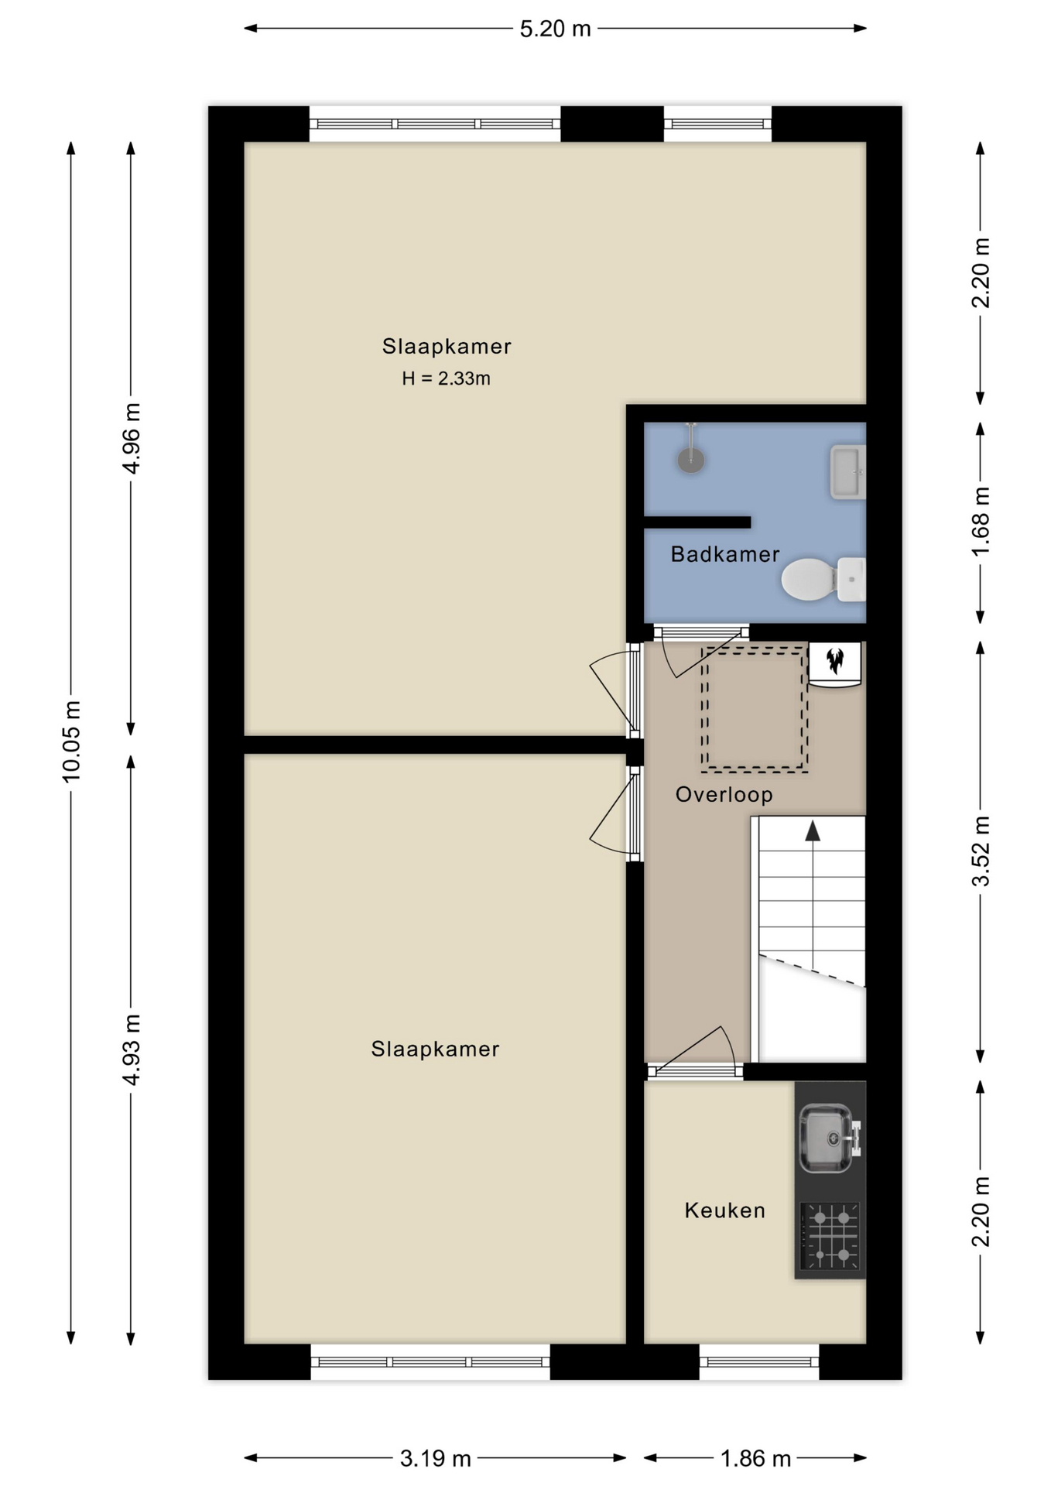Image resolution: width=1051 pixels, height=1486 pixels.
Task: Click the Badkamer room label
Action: pyautogui.click(x=724, y=554)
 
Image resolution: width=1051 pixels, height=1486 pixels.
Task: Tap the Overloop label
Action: pyautogui.click(x=724, y=795)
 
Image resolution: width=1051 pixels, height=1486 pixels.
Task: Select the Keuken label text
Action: pyautogui.click(x=724, y=1210)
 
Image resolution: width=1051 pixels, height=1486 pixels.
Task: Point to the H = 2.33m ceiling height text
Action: pyautogui.click(x=446, y=378)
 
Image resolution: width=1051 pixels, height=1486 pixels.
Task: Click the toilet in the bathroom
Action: pyautogui.click(x=823, y=579)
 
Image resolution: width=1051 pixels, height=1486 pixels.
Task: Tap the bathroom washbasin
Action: pyautogui.click(x=847, y=471)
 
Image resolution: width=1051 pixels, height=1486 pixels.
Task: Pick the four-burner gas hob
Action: pyautogui.click(x=830, y=1236)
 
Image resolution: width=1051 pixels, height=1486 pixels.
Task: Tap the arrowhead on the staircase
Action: pyautogui.click(x=812, y=830)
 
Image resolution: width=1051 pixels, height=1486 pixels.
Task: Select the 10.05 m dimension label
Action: pyautogui.click(x=71, y=741)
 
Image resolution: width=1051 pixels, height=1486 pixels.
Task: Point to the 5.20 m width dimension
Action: pyautogui.click(x=555, y=29)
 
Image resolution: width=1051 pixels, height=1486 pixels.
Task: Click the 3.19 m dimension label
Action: pyautogui.click(x=435, y=1459)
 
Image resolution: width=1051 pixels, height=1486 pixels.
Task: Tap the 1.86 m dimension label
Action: pyautogui.click(x=755, y=1459)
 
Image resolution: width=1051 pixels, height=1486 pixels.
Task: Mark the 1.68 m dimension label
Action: pyautogui.click(x=981, y=522)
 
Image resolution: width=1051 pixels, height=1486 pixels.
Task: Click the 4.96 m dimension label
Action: pyautogui.click(x=132, y=438)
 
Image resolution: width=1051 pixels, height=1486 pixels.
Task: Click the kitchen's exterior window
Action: pyautogui.click(x=759, y=1361)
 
